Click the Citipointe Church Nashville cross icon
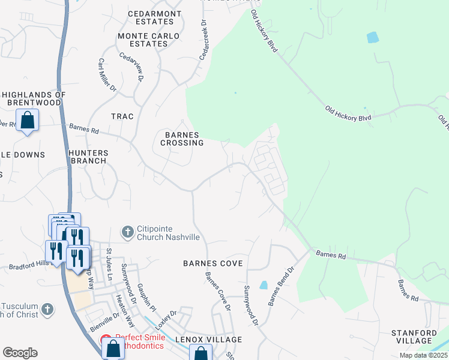point(127,232)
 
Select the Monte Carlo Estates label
point(148,40)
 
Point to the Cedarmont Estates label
point(150,17)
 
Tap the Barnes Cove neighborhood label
point(212,263)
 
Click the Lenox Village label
point(208,340)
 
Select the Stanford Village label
point(420,337)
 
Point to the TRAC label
point(122,116)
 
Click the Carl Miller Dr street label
point(107,75)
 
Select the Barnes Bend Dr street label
point(280,286)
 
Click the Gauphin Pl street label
point(146,298)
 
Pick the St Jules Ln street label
point(109,265)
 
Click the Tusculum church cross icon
point(47,310)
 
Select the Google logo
point(20,352)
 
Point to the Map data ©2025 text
point(423,355)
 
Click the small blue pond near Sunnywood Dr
point(264,286)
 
